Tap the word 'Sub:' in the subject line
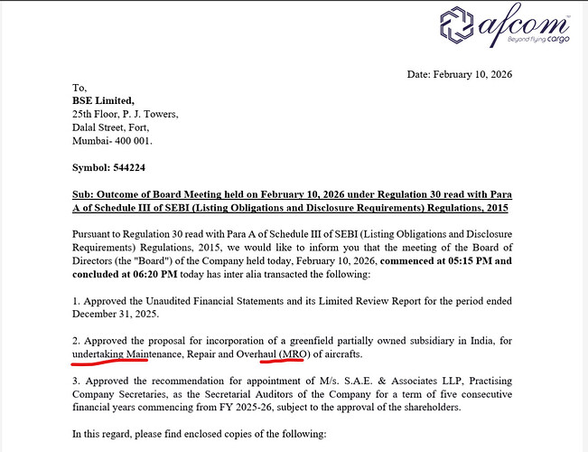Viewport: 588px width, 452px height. click(85, 194)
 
